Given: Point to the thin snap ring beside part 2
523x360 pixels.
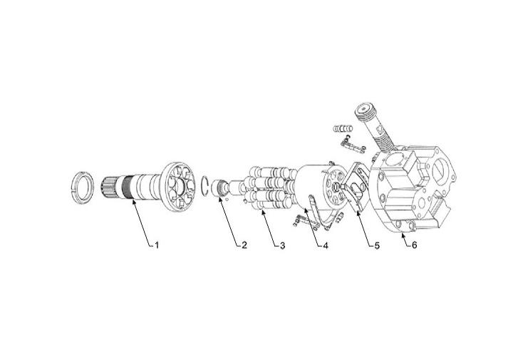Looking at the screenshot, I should [x=206, y=185].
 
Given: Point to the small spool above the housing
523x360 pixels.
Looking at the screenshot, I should [x=343, y=130].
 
